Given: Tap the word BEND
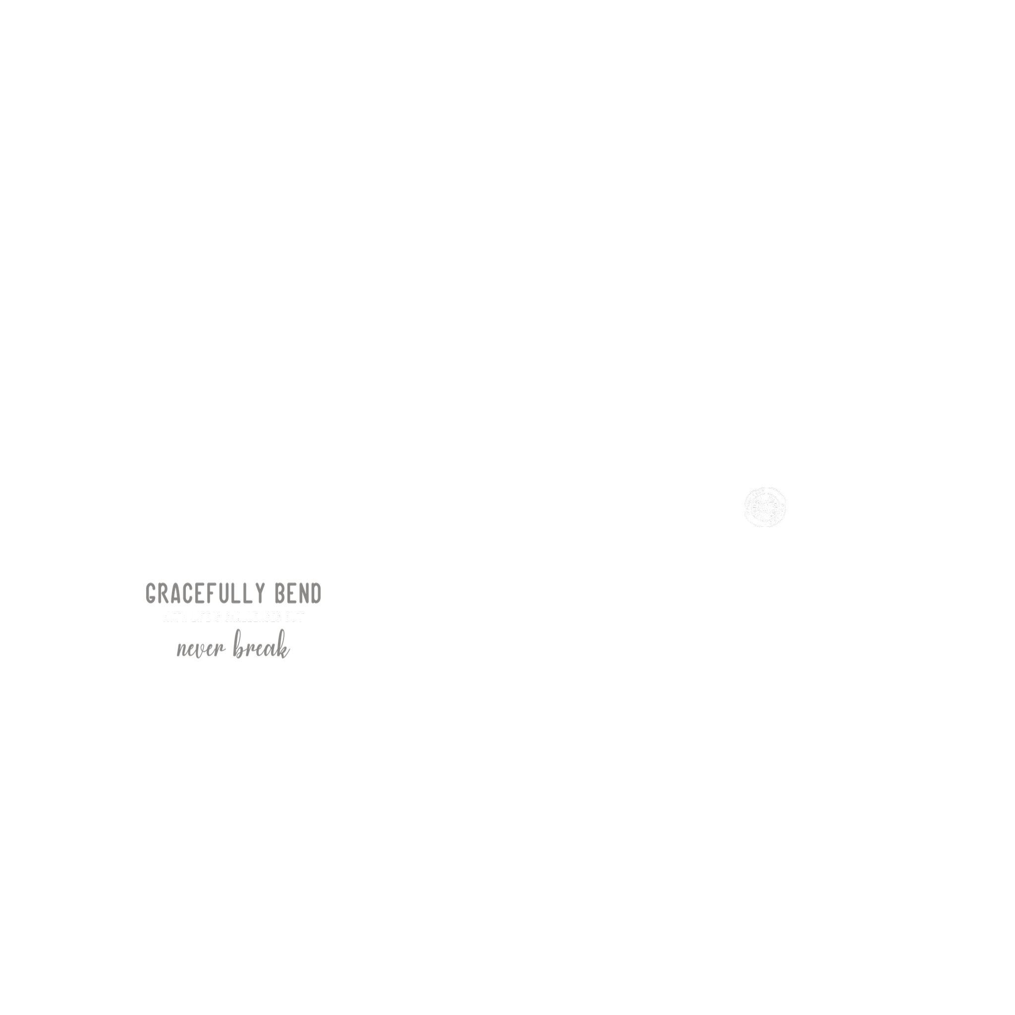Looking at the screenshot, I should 298,594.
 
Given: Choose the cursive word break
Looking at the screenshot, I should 261,649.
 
